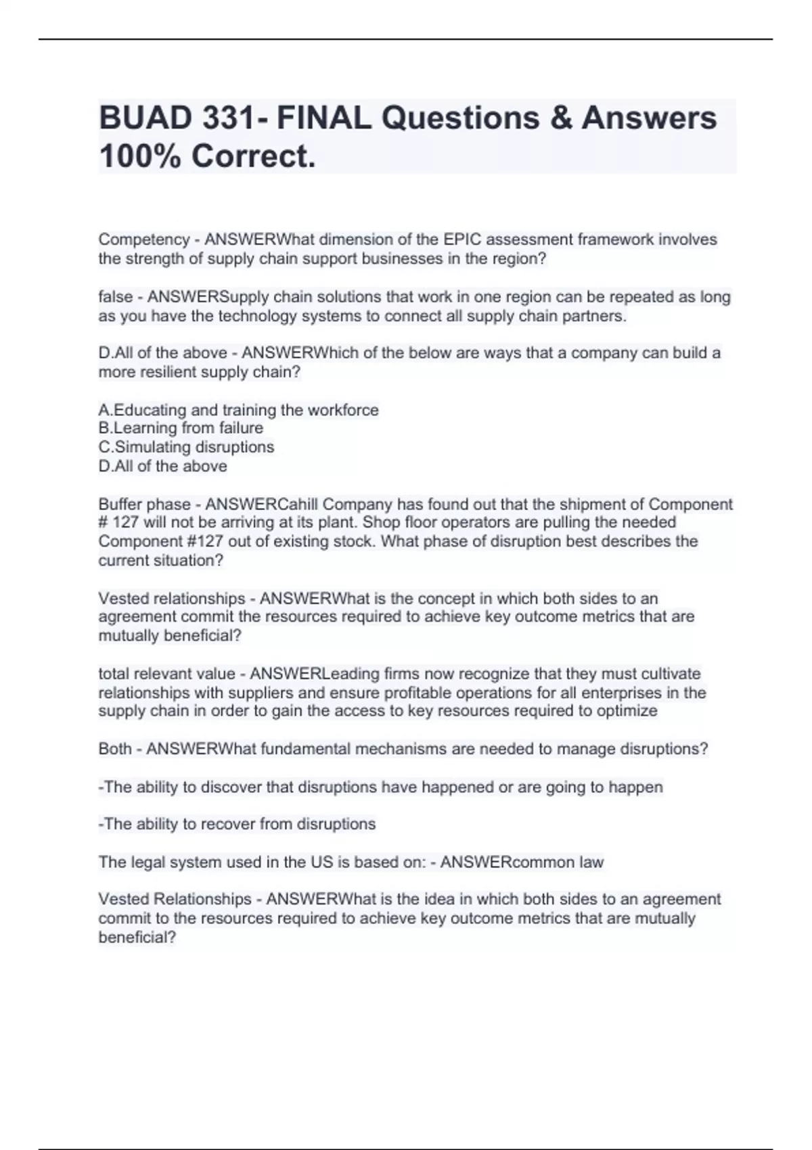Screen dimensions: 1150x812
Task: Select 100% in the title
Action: [x=139, y=157]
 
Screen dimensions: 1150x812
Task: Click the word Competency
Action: [x=144, y=239]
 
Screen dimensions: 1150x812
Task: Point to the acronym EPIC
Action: [x=462, y=239]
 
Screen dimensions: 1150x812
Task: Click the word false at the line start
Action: [x=115, y=297]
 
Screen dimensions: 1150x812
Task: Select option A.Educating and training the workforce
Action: [x=238, y=410]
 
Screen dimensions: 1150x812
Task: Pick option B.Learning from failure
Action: [x=181, y=428]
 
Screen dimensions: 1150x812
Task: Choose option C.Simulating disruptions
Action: [x=186, y=447]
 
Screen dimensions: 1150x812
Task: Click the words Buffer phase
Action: [x=144, y=505]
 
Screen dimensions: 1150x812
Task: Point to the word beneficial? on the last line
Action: [x=137, y=938]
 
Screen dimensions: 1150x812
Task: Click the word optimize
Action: [x=628, y=711]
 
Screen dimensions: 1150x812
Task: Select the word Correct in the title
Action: [x=253, y=157]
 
